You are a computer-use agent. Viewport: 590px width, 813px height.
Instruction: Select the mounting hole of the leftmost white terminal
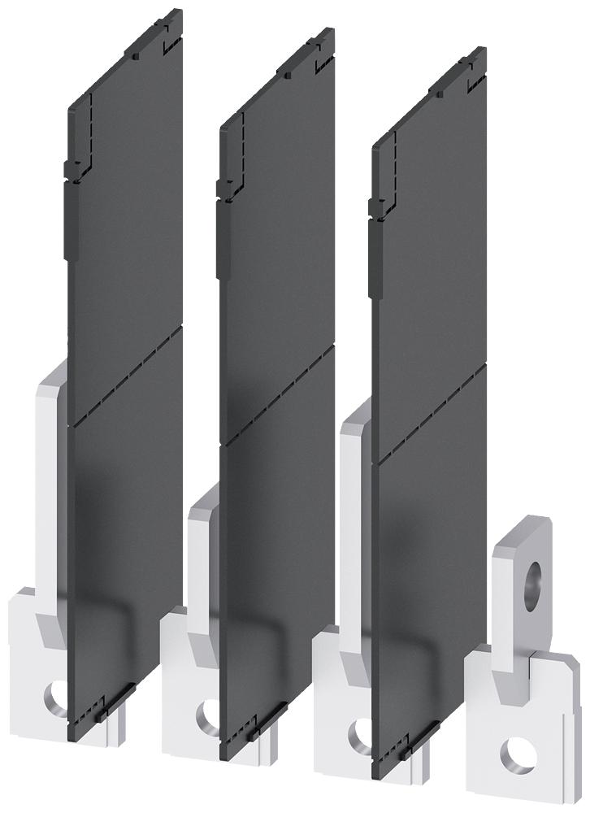coord(53,698)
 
